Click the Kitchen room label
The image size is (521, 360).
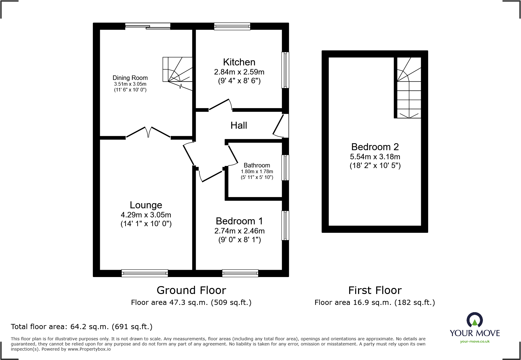[x=239, y=62]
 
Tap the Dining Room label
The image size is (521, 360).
[x=130, y=78]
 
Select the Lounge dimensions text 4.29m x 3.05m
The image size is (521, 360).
[x=146, y=215]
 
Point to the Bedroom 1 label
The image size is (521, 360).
[x=239, y=221]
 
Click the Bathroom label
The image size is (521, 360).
[x=257, y=165]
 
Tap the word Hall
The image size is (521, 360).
[x=239, y=125]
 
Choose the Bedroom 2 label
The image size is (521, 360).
[x=375, y=147]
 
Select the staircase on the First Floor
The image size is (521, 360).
[x=409, y=88]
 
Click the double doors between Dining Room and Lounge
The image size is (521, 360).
[x=148, y=132]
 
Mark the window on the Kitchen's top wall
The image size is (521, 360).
[x=232, y=27]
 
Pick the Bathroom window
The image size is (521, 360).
[x=285, y=168]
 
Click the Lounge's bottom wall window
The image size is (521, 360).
[x=145, y=273]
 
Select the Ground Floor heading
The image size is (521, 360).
[x=191, y=290]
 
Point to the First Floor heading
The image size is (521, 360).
[x=375, y=290]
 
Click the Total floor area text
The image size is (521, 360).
[x=82, y=327]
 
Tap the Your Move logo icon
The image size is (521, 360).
[x=474, y=320]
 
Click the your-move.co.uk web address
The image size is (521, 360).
[x=475, y=342]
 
